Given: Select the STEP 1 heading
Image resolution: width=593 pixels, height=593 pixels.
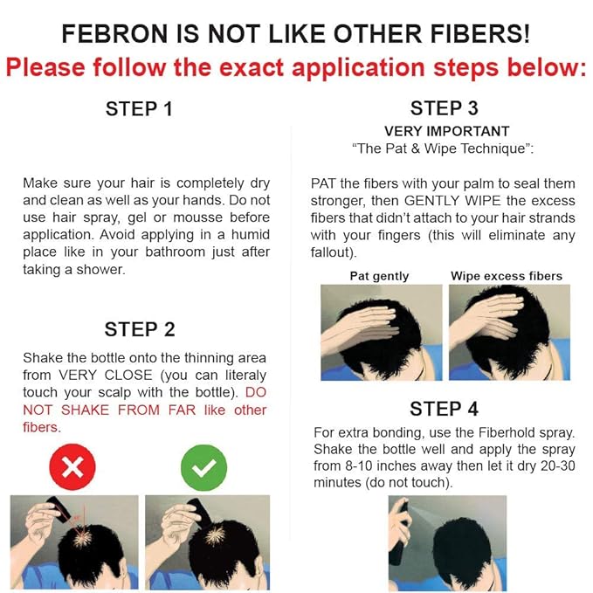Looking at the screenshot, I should click(x=139, y=109).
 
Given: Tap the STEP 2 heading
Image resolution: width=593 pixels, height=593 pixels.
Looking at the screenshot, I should click(x=139, y=329).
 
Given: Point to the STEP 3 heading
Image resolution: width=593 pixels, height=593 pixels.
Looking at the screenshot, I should click(x=444, y=109).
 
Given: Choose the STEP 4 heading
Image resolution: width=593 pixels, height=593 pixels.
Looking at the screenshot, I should click(x=444, y=409).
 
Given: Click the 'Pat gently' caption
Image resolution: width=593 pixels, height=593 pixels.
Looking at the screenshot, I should click(x=379, y=276).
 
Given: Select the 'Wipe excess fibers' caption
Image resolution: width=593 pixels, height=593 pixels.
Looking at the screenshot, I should click(x=507, y=276).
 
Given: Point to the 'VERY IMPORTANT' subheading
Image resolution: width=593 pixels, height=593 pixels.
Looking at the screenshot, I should click(x=445, y=131).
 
